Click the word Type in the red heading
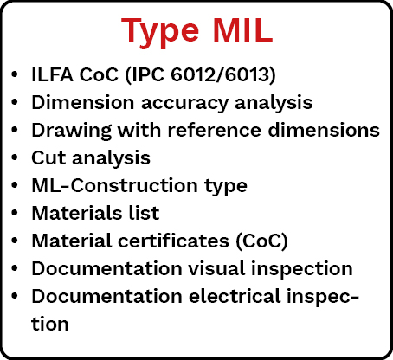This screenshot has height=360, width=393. point(160,31)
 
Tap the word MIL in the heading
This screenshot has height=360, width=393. point(242,30)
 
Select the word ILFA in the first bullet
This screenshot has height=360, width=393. point(52,74)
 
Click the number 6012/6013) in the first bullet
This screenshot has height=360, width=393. point(223,75)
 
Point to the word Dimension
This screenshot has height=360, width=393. point(83,102)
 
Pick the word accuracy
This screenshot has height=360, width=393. point(184,104)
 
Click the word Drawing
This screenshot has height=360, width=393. point(71,131)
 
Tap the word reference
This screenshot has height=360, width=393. point(215,130)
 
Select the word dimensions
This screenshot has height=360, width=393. point(324,130)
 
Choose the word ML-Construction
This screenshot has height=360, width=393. point(114,185)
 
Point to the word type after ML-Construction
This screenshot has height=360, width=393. point(226,187)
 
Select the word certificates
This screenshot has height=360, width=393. point(173,241)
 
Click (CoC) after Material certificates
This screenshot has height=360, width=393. point(261,241)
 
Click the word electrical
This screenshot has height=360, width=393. point(235,296)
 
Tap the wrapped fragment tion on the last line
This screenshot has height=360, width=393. point(50,324)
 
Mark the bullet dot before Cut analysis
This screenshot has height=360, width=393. point(15,157)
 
